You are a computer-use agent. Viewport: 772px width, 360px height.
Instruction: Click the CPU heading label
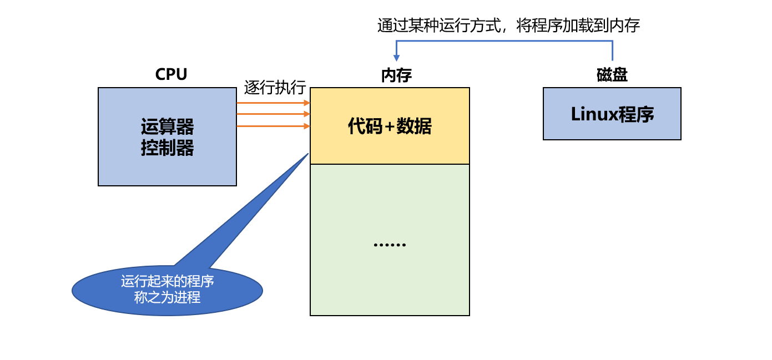(x=171, y=74)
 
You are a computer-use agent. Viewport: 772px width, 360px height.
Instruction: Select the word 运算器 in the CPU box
(x=167, y=127)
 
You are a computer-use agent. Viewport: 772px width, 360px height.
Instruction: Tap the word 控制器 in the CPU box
(x=167, y=148)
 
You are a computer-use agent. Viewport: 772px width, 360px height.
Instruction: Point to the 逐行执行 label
(x=275, y=88)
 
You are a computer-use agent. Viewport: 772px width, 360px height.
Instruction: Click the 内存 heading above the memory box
(x=396, y=75)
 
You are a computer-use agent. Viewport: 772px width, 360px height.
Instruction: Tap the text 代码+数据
(x=390, y=126)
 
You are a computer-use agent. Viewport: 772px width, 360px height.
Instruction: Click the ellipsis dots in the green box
(x=390, y=245)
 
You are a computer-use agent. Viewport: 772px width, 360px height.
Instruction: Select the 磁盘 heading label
(x=612, y=75)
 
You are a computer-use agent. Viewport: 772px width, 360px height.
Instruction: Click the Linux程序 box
(x=612, y=114)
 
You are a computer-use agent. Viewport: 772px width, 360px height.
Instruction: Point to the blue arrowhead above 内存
(x=396, y=58)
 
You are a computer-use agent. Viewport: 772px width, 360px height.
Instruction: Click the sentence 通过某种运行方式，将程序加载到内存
(x=508, y=26)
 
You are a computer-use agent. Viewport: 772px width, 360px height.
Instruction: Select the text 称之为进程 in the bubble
(x=167, y=298)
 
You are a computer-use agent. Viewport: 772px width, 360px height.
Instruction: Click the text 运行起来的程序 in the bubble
(x=167, y=282)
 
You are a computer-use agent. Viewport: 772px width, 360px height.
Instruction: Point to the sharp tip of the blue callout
(x=307, y=154)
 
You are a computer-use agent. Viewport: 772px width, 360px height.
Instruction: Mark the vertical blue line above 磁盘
(x=612, y=50)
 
